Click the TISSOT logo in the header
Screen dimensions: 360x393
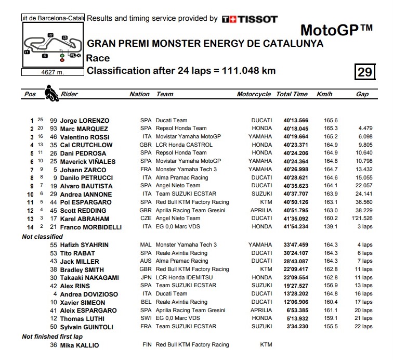(x=250, y=19)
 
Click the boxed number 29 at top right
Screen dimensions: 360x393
(x=365, y=71)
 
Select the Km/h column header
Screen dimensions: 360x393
(x=324, y=94)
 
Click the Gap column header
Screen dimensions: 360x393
(x=362, y=94)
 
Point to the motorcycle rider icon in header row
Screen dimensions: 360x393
(x=51, y=93)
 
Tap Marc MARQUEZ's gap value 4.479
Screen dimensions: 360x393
(x=364, y=128)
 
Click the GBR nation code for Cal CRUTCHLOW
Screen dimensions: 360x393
(x=145, y=145)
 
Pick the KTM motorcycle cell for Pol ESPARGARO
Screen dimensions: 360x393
(x=266, y=202)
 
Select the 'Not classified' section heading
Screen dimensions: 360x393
(x=42, y=236)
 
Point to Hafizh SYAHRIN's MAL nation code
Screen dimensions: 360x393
(x=145, y=245)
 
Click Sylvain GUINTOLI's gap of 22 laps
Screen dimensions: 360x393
(x=364, y=327)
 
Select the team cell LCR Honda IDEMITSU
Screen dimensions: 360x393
(x=185, y=277)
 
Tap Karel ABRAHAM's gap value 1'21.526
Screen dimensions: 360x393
(x=361, y=219)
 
